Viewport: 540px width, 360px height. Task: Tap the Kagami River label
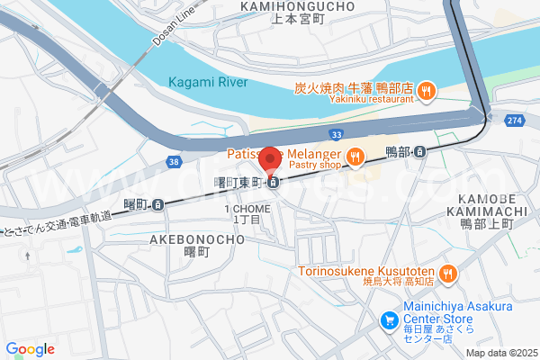click(209, 82)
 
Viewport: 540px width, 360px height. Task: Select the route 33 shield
click(336, 134)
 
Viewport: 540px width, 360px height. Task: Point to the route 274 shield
click(514, 119)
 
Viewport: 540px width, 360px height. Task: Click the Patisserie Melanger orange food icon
click(355, 157)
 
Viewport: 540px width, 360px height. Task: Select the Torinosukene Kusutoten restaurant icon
click(447, 272)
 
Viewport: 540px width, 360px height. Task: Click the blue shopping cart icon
click(389, 319)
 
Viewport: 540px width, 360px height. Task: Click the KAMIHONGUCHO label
click(297, 6)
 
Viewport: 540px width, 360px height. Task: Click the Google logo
click(31, 349)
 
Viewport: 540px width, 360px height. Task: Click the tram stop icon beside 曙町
click(158, 204)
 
